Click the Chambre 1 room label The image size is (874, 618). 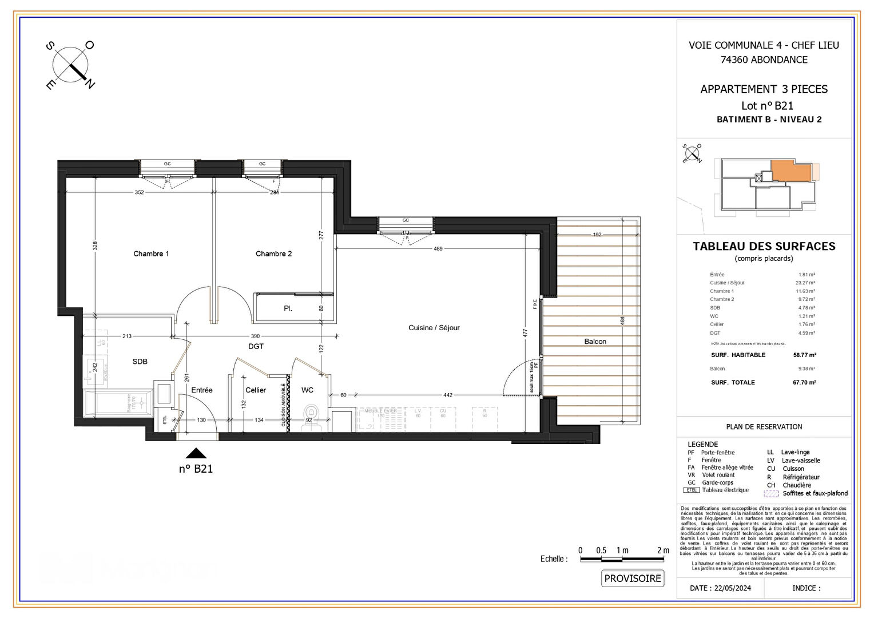pyautogui.click(x=151, y=253)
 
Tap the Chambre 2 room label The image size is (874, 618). pyautogui.click(x=273, y=253)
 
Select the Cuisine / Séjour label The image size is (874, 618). pyautogui.click(x=434, y=328)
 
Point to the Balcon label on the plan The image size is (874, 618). pyautogui.click(x=595, y=342)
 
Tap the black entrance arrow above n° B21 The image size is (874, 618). pyautogui.click(x=196, y=453)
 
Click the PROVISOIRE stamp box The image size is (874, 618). pyautogui.click(x=633, y=579)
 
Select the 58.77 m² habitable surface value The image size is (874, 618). pyautogui.click(x=804, y=355)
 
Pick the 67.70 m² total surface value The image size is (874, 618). pyautogui.click(x=804, y=383)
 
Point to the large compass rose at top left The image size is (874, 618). pyautogui.click(x=70, y=65)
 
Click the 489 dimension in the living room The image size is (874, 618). pyautogui.click(x=438, y=249)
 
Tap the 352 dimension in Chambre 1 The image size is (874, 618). pyautogui.click(x=140, y=192)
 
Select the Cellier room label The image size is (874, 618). pyautogui.click(x=256, y=390)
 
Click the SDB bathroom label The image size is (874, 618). pyautogui.click(x=140, y=362)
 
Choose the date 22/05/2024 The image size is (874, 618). pyautogui.click(x=720, y=588)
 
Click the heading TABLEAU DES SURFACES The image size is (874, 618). pyautogui.click(x=764, y=247)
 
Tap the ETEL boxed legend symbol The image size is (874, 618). pyautogui.click(x=692, y=490)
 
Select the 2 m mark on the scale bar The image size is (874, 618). pyautogui.click(x=663, y=550)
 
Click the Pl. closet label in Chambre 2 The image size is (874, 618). pyautogui.click(x=288, y=308)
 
